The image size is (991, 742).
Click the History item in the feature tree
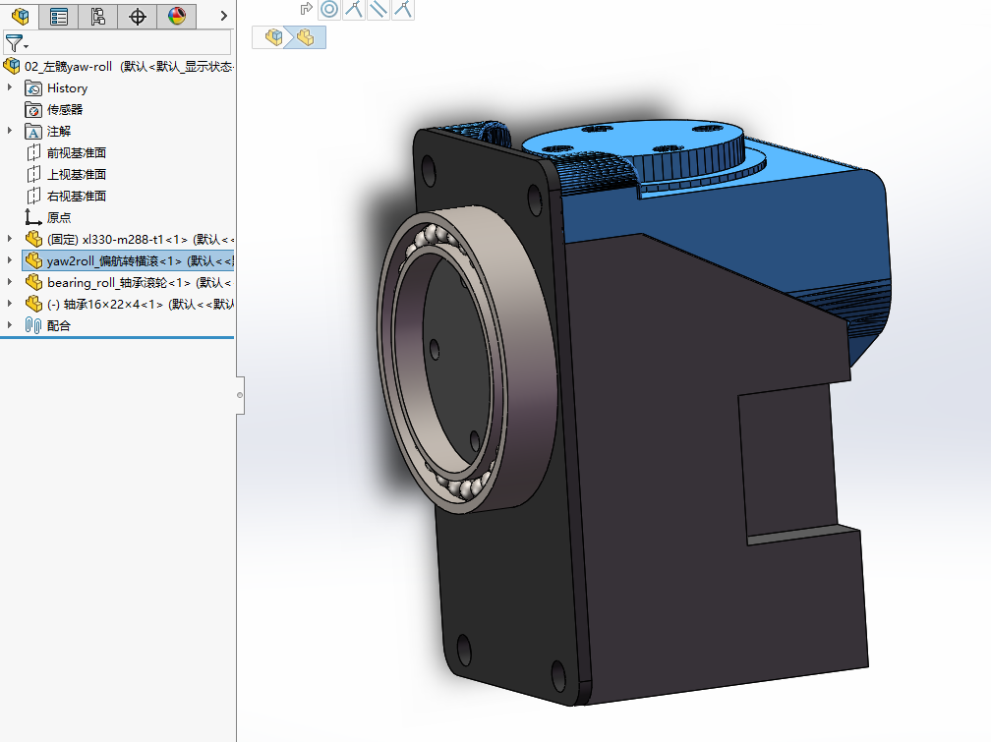(67, 87)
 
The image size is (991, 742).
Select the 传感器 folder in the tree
(65, 109)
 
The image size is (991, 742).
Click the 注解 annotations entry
(59, 131)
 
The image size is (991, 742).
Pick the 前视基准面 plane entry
(77, 152)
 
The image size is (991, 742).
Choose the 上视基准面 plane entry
(77, 174)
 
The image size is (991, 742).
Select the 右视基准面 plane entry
(77, 196)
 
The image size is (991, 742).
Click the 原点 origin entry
(59, 217)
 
